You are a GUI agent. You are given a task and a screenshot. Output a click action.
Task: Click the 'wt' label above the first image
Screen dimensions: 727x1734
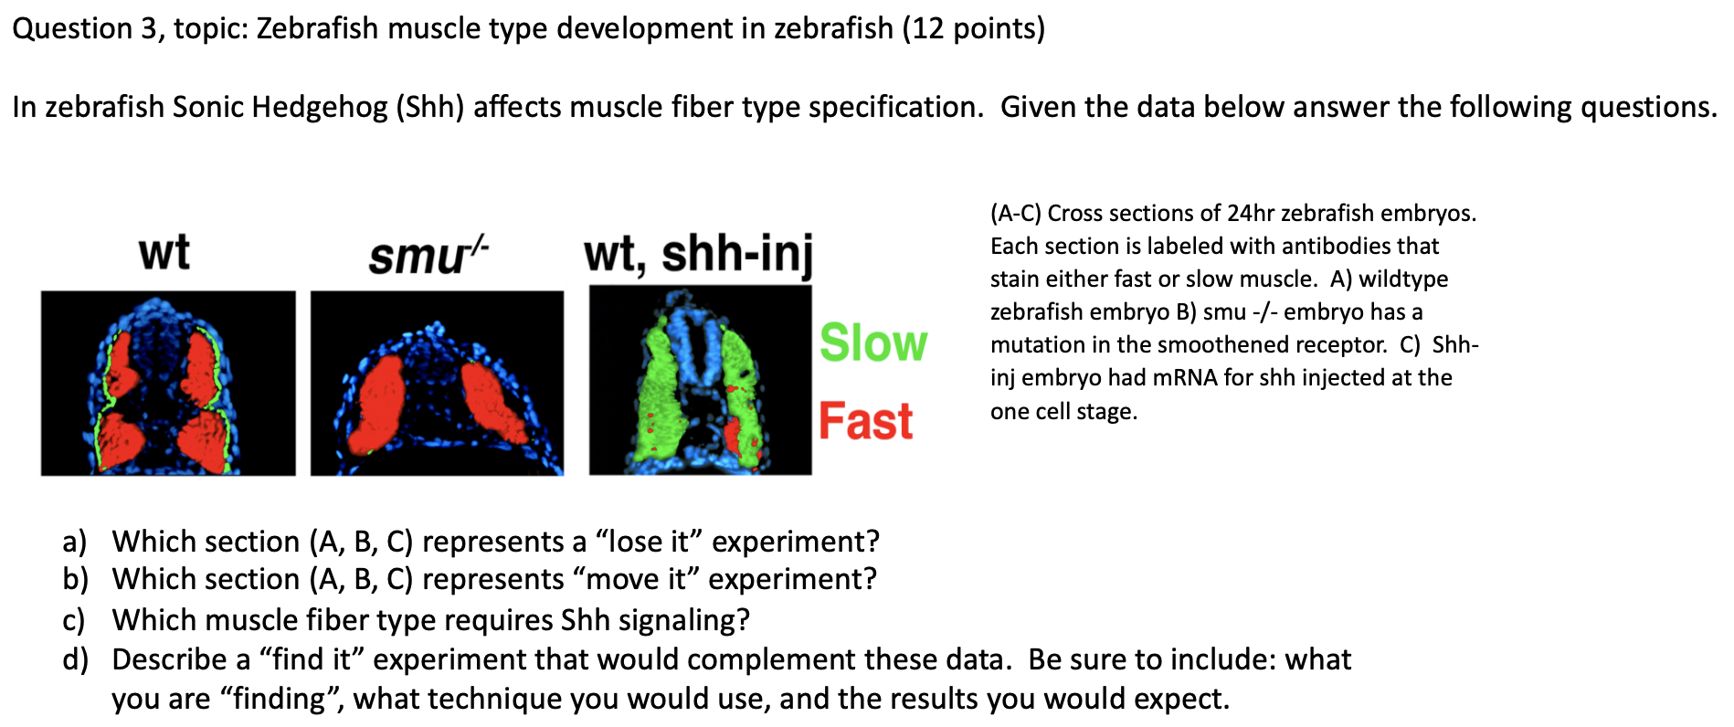164,252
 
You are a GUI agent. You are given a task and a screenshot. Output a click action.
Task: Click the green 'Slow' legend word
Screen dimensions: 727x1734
872,343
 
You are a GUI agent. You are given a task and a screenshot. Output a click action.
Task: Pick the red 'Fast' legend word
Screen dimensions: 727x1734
865,421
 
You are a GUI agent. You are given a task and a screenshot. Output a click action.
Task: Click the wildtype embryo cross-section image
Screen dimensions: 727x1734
168,383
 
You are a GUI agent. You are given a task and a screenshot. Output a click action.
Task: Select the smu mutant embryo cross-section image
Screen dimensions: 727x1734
437,383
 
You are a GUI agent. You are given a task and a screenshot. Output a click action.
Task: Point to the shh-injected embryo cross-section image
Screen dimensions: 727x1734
700,380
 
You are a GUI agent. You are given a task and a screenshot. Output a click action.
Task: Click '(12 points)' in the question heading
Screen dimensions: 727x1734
973,29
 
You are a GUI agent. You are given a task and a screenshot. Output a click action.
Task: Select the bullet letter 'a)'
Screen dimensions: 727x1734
75,542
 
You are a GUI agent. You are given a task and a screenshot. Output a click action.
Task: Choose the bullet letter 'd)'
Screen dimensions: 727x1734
75,659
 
